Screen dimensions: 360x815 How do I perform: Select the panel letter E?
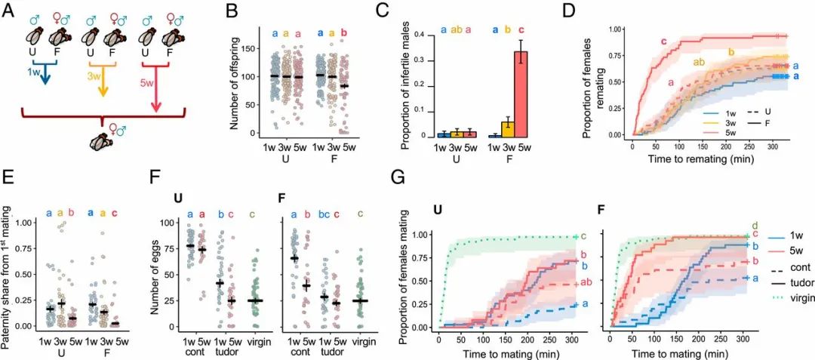pos(10,182)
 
